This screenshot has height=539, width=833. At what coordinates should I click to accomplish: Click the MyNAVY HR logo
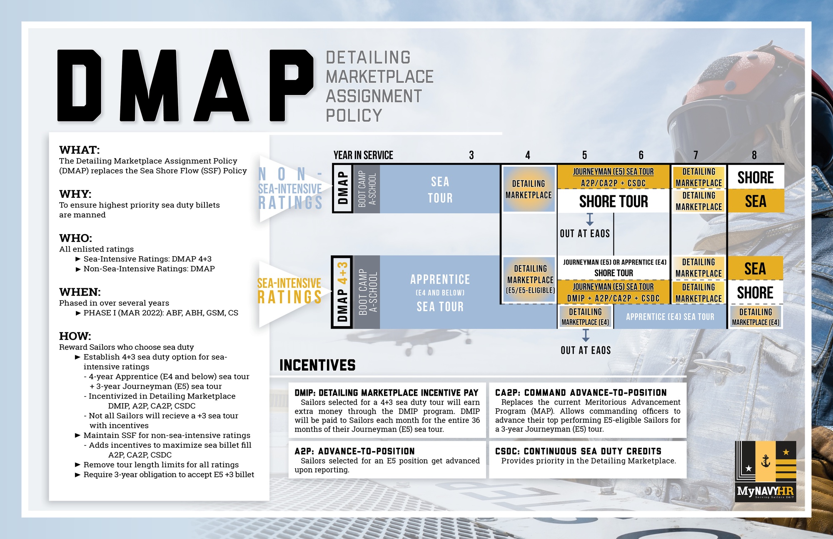tap(766, 471)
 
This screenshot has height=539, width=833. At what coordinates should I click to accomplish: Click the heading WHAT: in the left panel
tap(80, 150)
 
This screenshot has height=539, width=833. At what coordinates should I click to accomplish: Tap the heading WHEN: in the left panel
tap(80, 292)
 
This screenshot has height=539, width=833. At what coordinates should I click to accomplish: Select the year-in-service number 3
tap(471, 155)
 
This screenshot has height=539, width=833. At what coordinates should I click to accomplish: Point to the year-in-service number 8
tap(754, 155)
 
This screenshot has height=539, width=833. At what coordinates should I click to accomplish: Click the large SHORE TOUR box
tap(614, 201)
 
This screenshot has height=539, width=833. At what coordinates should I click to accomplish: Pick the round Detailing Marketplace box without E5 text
tap(529, 189)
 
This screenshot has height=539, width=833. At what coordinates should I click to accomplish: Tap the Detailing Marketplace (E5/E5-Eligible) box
tap(530, 279)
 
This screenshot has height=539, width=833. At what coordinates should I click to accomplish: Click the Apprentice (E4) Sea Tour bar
tap(670, 317)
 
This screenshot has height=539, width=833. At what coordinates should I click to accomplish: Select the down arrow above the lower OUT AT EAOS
tap(586, 335)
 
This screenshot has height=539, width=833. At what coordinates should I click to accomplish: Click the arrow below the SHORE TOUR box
tap(590, 220)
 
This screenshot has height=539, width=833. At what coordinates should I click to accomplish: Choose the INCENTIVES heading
tap(317, 365)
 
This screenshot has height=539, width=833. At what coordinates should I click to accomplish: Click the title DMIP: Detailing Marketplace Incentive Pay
tap(387, 393)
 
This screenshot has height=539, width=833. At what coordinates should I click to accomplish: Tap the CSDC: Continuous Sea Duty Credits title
tap(578, 451)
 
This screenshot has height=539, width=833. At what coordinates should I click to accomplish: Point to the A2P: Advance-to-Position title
tap(354, 451)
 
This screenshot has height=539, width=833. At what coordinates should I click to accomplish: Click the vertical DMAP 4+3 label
tap(342, 292)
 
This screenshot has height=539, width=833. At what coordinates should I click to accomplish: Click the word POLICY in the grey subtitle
tap(354, 115)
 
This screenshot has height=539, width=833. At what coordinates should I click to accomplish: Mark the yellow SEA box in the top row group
tap(756, 201)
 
